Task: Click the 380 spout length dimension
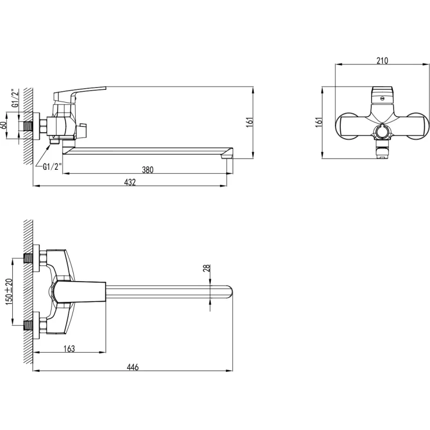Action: coord(147,170)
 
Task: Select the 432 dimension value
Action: coord(130,182)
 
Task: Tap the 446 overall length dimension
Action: coord(133,367)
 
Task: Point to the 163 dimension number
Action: coord(69,348)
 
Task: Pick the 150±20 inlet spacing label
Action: coord(9,292)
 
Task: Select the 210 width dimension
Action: coord(382,61)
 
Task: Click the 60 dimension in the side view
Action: coord(4,125)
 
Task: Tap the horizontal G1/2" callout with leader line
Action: coord(52,167)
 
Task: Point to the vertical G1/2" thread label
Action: coord(16,98)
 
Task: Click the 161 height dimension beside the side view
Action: coord(249,123)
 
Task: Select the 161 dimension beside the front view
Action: coord(319,123)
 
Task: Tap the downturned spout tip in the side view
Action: coord(227,154)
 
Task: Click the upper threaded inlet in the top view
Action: coord(28,258)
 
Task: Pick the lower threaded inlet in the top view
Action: coord(28,326)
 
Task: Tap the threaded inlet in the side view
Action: coord(28,126)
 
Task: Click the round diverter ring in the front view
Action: coord(382,131)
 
